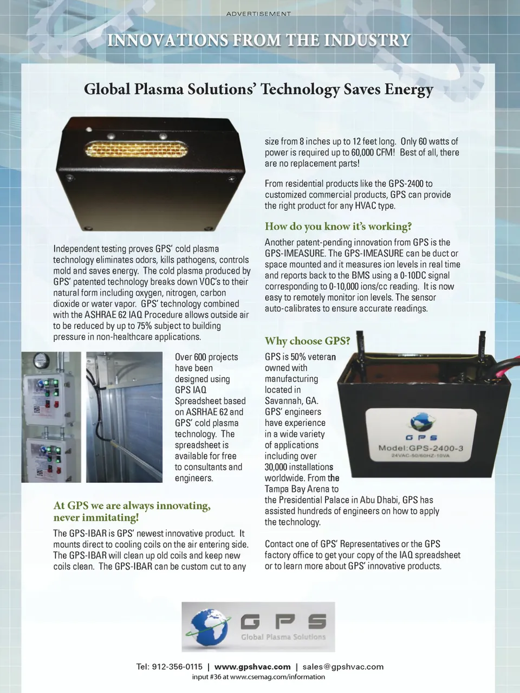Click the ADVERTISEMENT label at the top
click(258, 14)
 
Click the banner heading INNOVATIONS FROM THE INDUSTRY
click(259, 40)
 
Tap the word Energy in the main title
click(409, 89)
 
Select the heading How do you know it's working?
click(338, 226)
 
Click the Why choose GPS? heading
click(307, 341)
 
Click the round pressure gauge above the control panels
click(39, 360)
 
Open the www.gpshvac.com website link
click(252, 666)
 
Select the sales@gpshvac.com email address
click(343, 666)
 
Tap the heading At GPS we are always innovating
click(132, 506)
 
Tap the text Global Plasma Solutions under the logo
click(283, 637)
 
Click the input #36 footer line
click(258, 677)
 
